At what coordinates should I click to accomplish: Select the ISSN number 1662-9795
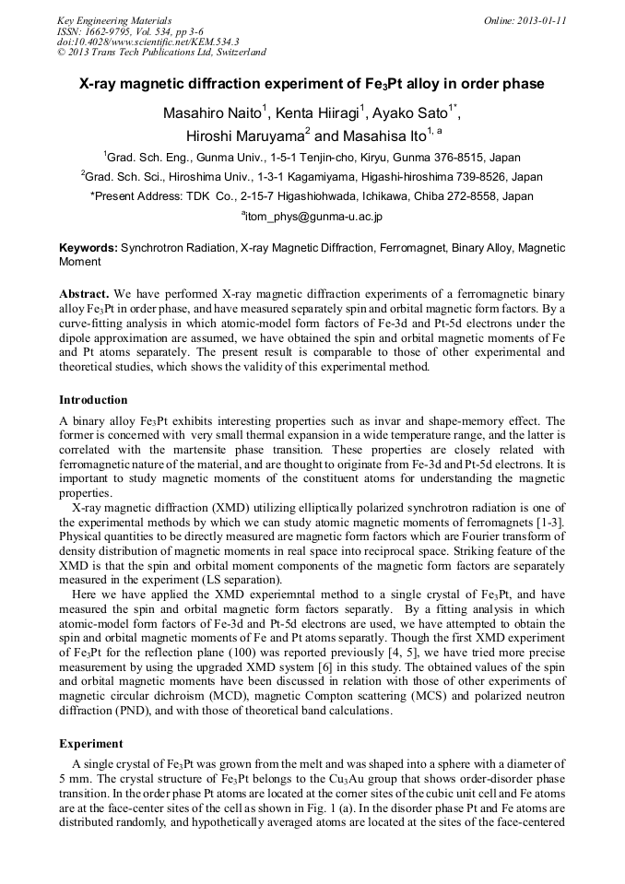click(x=107, y=31)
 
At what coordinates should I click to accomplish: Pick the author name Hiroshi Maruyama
click(x=243, y=135)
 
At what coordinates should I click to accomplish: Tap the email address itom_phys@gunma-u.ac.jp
click(x=312, y=217)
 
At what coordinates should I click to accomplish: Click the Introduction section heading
click(x=93, y=400)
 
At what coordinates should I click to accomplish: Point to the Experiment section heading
click(x=90, y=742)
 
